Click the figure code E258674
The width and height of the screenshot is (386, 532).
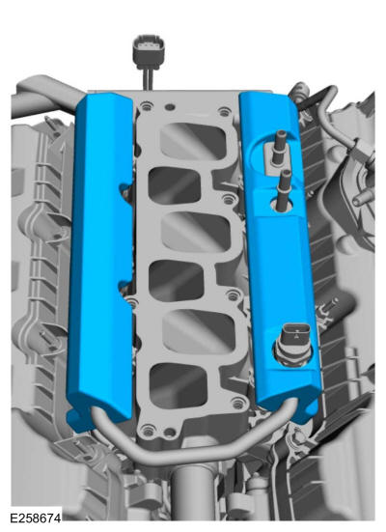[x=36, y=518]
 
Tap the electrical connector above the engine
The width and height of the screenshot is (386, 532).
[x=149, y=51]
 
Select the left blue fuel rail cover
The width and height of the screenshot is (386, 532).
[x=100, y=258]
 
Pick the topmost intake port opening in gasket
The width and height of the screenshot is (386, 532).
[x=193, y=140]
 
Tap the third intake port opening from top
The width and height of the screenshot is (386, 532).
[x=196, y=232]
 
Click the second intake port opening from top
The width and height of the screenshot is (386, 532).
[x=175, y=185]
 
